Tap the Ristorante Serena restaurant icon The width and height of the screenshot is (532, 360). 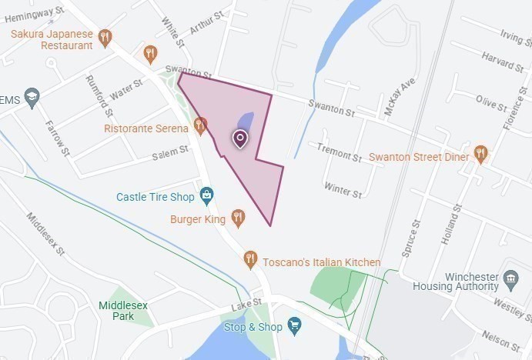click(x=201, y=125)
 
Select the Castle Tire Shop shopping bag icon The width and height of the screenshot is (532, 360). click(x=206, y=196)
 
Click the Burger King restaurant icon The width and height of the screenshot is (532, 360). click(x=238, y=218)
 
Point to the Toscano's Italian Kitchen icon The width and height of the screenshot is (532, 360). click(x=250, y=260)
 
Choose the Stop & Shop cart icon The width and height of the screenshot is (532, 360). click(x=294, y=327)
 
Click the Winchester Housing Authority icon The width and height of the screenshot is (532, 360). click(x=510, y=278)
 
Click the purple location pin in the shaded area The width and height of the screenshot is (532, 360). click(x=240, y=138)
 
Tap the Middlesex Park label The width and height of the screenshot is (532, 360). click(x=117, y=310)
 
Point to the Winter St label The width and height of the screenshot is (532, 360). click(x=343, y=189)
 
